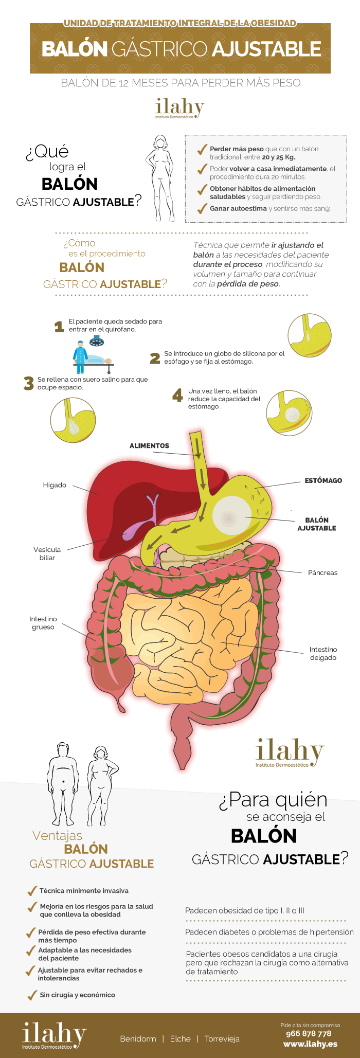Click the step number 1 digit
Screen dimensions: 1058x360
pyautogui.click(x=59, y=326)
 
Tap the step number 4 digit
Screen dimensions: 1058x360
pyautogui.click(x=177, y=395)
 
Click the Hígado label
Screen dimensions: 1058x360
pyautogui.click(x=55, y=485)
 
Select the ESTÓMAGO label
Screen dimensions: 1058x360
pyautogui.click(x=323, y=480)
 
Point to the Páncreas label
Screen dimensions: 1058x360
pyautogui.click(x=322, y=572)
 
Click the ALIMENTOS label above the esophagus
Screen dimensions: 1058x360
pyautogui.click(x=149, y=446)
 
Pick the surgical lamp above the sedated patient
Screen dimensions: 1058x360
pyautogui.click(x=96, y=340)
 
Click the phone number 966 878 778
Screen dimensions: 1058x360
pyautogui.click(x=309, y=1033)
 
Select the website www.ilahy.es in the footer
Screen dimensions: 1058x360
pyautogui.click(x=310, y=1044)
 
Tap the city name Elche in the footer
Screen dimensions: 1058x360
pyautogui.click(x=180, y=1038)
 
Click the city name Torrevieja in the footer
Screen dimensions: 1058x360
pyautogui.click(x=222, y=1038)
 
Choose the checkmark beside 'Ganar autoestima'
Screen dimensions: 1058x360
pyautogui.click(x=202, y=208)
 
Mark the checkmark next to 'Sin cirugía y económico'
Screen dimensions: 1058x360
pyautogui.click(x=32, y=995)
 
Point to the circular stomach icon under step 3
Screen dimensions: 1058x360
pyautogui.click(x=73, y=419)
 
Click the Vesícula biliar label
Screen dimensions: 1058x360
pyautogui.click(x=47, y=553)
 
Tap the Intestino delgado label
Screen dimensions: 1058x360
pyautogui.click(x=323, y=653)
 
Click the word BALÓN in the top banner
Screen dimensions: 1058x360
pyautogui.click(x=74, y=49)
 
